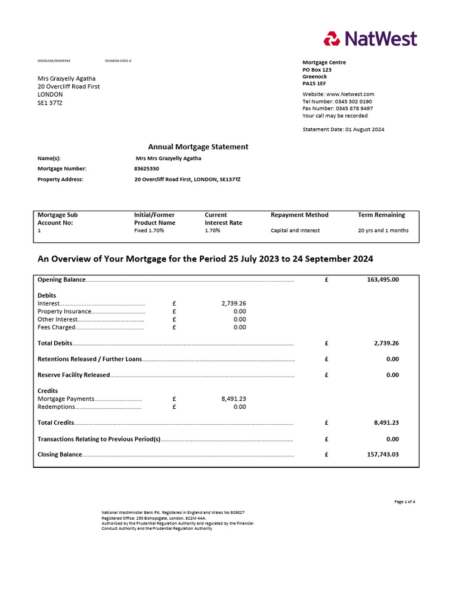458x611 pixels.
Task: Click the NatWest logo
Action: click(x=370, y=39)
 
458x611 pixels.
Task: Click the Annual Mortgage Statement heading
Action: click(x=198, y=147)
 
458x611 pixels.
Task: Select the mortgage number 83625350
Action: click(x=147, y=169)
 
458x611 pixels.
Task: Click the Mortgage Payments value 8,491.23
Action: click(x=233, y=399)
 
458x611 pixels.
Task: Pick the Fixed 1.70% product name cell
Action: click(x=149, y=230)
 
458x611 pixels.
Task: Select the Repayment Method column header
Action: click(x=299, y=215)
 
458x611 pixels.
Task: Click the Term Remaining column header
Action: click(x=381, y=215)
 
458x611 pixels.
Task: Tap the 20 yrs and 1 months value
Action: click(x=383, y=230)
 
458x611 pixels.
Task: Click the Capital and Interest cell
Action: click(x=295, y=230)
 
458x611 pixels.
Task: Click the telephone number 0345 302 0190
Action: click(x=354, y=101)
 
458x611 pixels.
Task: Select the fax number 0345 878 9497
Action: click(x=354, y=109)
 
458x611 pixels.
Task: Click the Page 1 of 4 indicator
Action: click(x=404, y=502)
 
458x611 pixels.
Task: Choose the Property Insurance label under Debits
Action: click(x=64, y=311)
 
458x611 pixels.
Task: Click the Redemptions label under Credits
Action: click(x=56, y=407)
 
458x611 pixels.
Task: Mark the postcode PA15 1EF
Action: click(x=314, y=84)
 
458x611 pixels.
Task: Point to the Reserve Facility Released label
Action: click(x=73, y=375)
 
